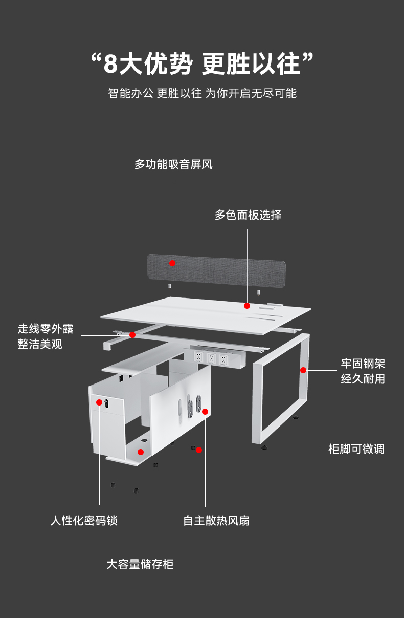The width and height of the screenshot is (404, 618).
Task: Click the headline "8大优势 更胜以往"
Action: (201, 63)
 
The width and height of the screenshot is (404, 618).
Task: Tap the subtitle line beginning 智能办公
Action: (201, 93)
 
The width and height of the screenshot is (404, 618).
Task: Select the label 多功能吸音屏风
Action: (173, 164)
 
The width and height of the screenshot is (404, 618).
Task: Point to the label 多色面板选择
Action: (248, 215)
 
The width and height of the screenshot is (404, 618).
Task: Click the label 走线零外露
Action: (46, 329)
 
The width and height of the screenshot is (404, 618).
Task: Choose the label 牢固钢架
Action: (363, 364)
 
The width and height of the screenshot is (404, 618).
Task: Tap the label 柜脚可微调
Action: (356, 450)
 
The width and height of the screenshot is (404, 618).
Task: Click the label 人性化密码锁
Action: (84, 521)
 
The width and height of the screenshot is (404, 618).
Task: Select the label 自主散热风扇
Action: (216, 521)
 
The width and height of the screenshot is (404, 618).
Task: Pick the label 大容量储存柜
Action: (140, 564)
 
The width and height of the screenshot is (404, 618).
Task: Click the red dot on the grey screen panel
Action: (172, 263)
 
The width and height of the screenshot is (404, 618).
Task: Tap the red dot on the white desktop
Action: (247, 306)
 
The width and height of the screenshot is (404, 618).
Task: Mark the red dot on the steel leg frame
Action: (303, 370)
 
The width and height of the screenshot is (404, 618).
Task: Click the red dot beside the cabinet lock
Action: (99, 402)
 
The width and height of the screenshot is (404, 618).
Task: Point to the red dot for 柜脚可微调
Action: (199, 450)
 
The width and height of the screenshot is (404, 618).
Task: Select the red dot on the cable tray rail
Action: (132, 335)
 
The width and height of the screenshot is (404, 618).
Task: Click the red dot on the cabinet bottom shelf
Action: (141, 452)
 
